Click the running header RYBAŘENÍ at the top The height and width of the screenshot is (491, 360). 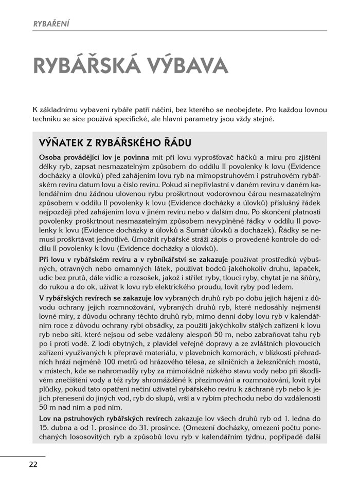[51, 23]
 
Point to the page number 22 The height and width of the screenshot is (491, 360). [33, 464]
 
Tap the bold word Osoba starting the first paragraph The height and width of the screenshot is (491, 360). [49, 157]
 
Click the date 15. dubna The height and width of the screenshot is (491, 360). [55, 427]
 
